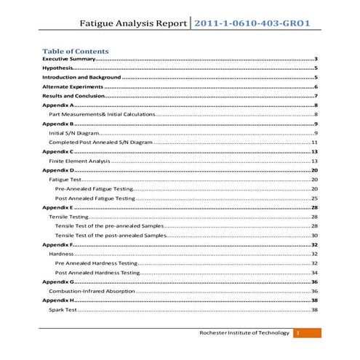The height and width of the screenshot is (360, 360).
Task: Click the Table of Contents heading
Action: pyautogui.click(x=76, y=52)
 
